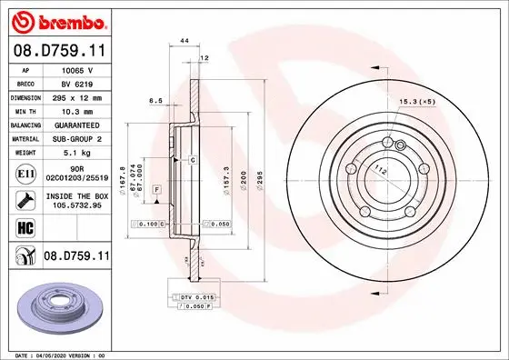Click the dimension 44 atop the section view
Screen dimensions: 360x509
click(x=185, y=42)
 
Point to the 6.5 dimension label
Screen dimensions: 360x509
click(x=155, y=102)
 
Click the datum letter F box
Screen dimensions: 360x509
click(x=157, y=187)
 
